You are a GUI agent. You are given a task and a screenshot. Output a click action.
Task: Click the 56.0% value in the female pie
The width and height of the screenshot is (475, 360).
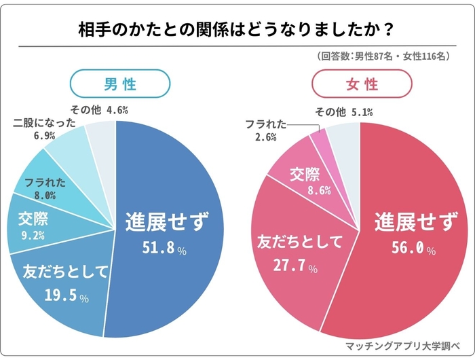[x=408, y=249]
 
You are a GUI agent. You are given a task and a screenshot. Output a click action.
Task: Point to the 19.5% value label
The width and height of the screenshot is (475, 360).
[x=64, y=297]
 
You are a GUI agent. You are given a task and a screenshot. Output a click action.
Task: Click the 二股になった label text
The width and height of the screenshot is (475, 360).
[x=43, y=124]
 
